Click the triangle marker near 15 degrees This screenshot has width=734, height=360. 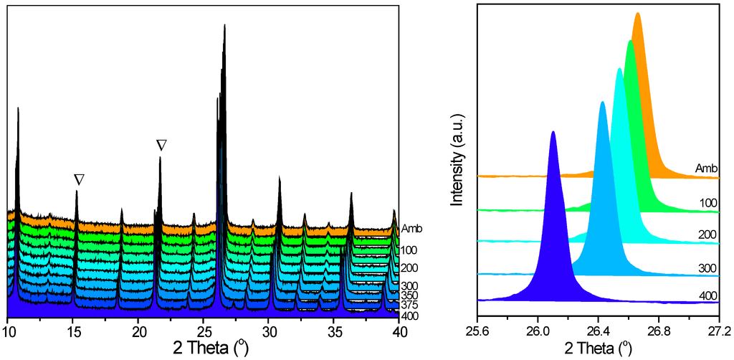coord(79,179)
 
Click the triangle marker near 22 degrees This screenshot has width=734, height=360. coord(161,145)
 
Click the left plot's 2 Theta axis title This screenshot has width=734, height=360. coord(204,349)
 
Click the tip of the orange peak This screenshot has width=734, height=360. coord(637,13)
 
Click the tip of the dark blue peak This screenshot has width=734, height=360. coord(553,132)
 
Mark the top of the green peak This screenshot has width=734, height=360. coord(630,41)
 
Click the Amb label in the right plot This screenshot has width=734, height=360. coord(707,169)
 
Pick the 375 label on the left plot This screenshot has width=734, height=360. coord(409,305)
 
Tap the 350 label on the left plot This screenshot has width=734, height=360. coord(409,295)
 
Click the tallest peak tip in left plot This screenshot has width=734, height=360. coord(225,25)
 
